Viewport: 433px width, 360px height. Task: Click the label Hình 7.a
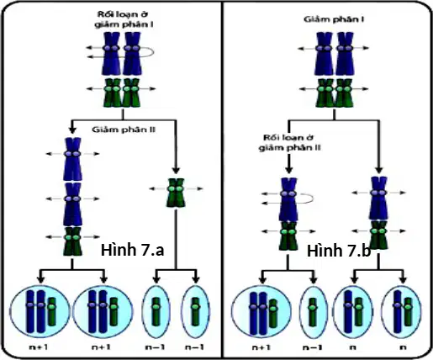coord(132,250)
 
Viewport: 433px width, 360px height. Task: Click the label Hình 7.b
coord(339,251)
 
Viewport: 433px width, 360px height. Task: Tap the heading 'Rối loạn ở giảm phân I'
coord(124,19)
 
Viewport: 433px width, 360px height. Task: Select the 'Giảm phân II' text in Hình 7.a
coord(124,130)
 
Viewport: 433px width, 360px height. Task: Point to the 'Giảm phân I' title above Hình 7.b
coord(334,19)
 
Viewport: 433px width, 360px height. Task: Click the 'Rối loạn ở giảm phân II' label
coord(289,142)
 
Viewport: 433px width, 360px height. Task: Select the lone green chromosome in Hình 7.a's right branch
coord(176,193)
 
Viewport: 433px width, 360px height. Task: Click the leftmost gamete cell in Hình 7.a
coord(40,311)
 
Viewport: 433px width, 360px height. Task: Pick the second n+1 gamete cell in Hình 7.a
coord(103,311)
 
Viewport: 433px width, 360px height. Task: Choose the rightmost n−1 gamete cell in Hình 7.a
coord(195,311)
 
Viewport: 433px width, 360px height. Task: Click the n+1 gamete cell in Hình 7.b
coord(261,311)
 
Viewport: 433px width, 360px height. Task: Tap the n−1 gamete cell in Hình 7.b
coord(313,311)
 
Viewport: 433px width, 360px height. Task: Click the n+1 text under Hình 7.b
coord(261,347)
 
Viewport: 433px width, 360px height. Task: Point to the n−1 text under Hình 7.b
coord(313,347)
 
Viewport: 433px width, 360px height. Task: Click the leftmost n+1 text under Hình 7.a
coord(39,347)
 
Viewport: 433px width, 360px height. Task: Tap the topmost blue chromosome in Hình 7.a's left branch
coord(72,159)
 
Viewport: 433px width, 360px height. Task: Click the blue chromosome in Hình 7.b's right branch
coord(378,198)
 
